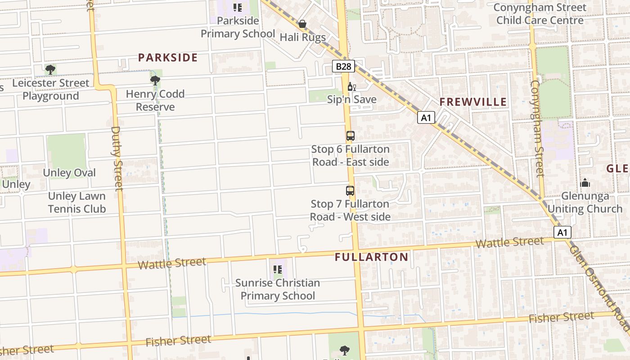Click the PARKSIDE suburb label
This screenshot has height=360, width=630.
pyautogui.click(x=168, y=58)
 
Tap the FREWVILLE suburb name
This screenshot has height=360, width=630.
pyautogui.click(x=473, y=102)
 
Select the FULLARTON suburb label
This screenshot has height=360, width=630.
pyautogui.click(x=371, y=257)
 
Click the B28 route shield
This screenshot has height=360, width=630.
pyautogui.click(x=344, y=67)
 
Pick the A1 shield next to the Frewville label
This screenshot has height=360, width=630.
pyautogui.click(x=426, y=118)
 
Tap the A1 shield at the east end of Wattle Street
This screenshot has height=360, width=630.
pyautogui.click(x=562, y=232)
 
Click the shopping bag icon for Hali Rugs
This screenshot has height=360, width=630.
pyautogui.click(x=302, y=24)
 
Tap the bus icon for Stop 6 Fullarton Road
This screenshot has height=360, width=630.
pyautogui.click(x=350, y=136)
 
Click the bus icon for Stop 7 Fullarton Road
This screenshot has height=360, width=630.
pyautogui.click(x=350, y=191)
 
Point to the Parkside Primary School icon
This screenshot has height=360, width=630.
pyautogui.click(x=238, y=8)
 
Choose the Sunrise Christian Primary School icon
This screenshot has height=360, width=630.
pyautogui.click(x=278, y=270)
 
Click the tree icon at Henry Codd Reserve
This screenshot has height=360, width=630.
pyautogui.click(x=155, y=81)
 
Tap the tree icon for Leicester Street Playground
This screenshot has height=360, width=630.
pyautogui.click(x=50, y=70)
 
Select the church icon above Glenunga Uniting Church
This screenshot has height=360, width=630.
pyautogui.click(x=585, y=183)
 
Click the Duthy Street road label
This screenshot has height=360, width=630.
pyautogui.click(x=117, y=158)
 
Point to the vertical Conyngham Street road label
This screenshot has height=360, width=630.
pyautogui.click(x=537, y=128)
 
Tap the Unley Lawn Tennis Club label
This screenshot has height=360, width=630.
pyautogui.click(x=77, y=202)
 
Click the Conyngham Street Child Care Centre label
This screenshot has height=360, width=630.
pyautogui.click(x=540, y=14)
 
